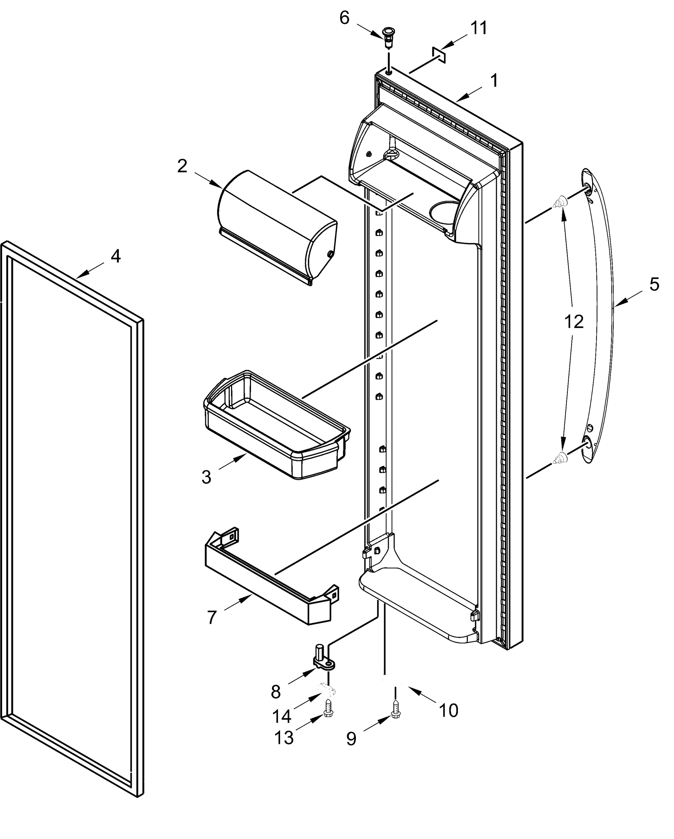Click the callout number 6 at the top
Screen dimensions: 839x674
(344, 18)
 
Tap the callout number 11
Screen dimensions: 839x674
(479, 28)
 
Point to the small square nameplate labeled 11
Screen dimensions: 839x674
(439, 55)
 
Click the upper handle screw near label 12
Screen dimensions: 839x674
(560, 202)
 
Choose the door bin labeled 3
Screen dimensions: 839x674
(276, 426)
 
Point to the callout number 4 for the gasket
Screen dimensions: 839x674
(116, 257)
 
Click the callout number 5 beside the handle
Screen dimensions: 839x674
(654, 285)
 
